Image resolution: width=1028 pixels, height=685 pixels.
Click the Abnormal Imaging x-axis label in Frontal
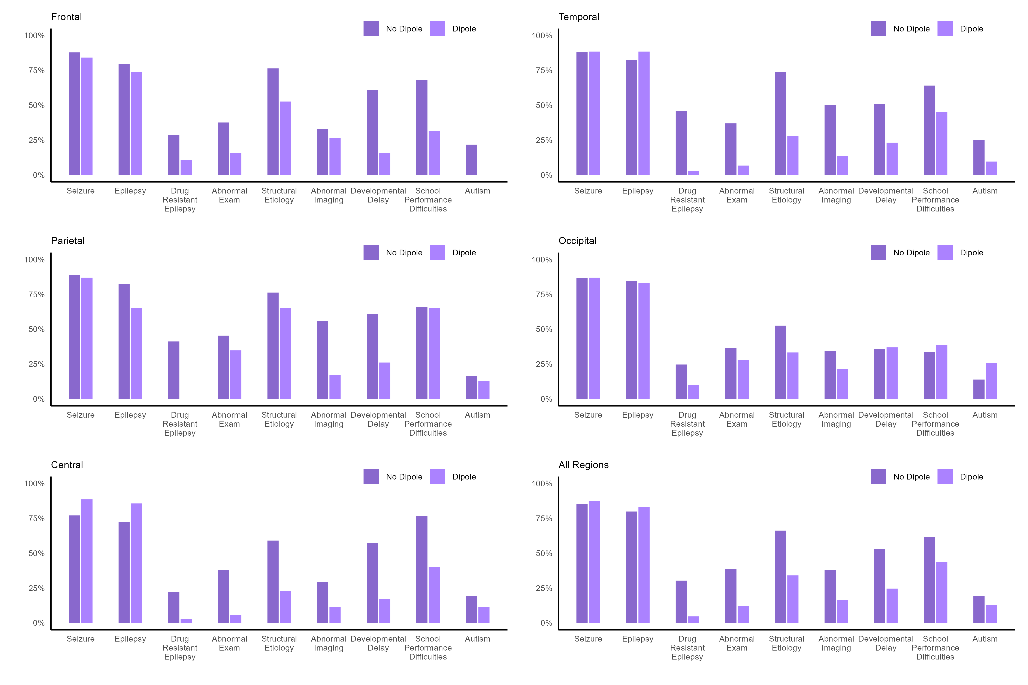(329, 195)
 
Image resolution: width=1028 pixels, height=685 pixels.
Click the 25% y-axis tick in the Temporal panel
(544, 140)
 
